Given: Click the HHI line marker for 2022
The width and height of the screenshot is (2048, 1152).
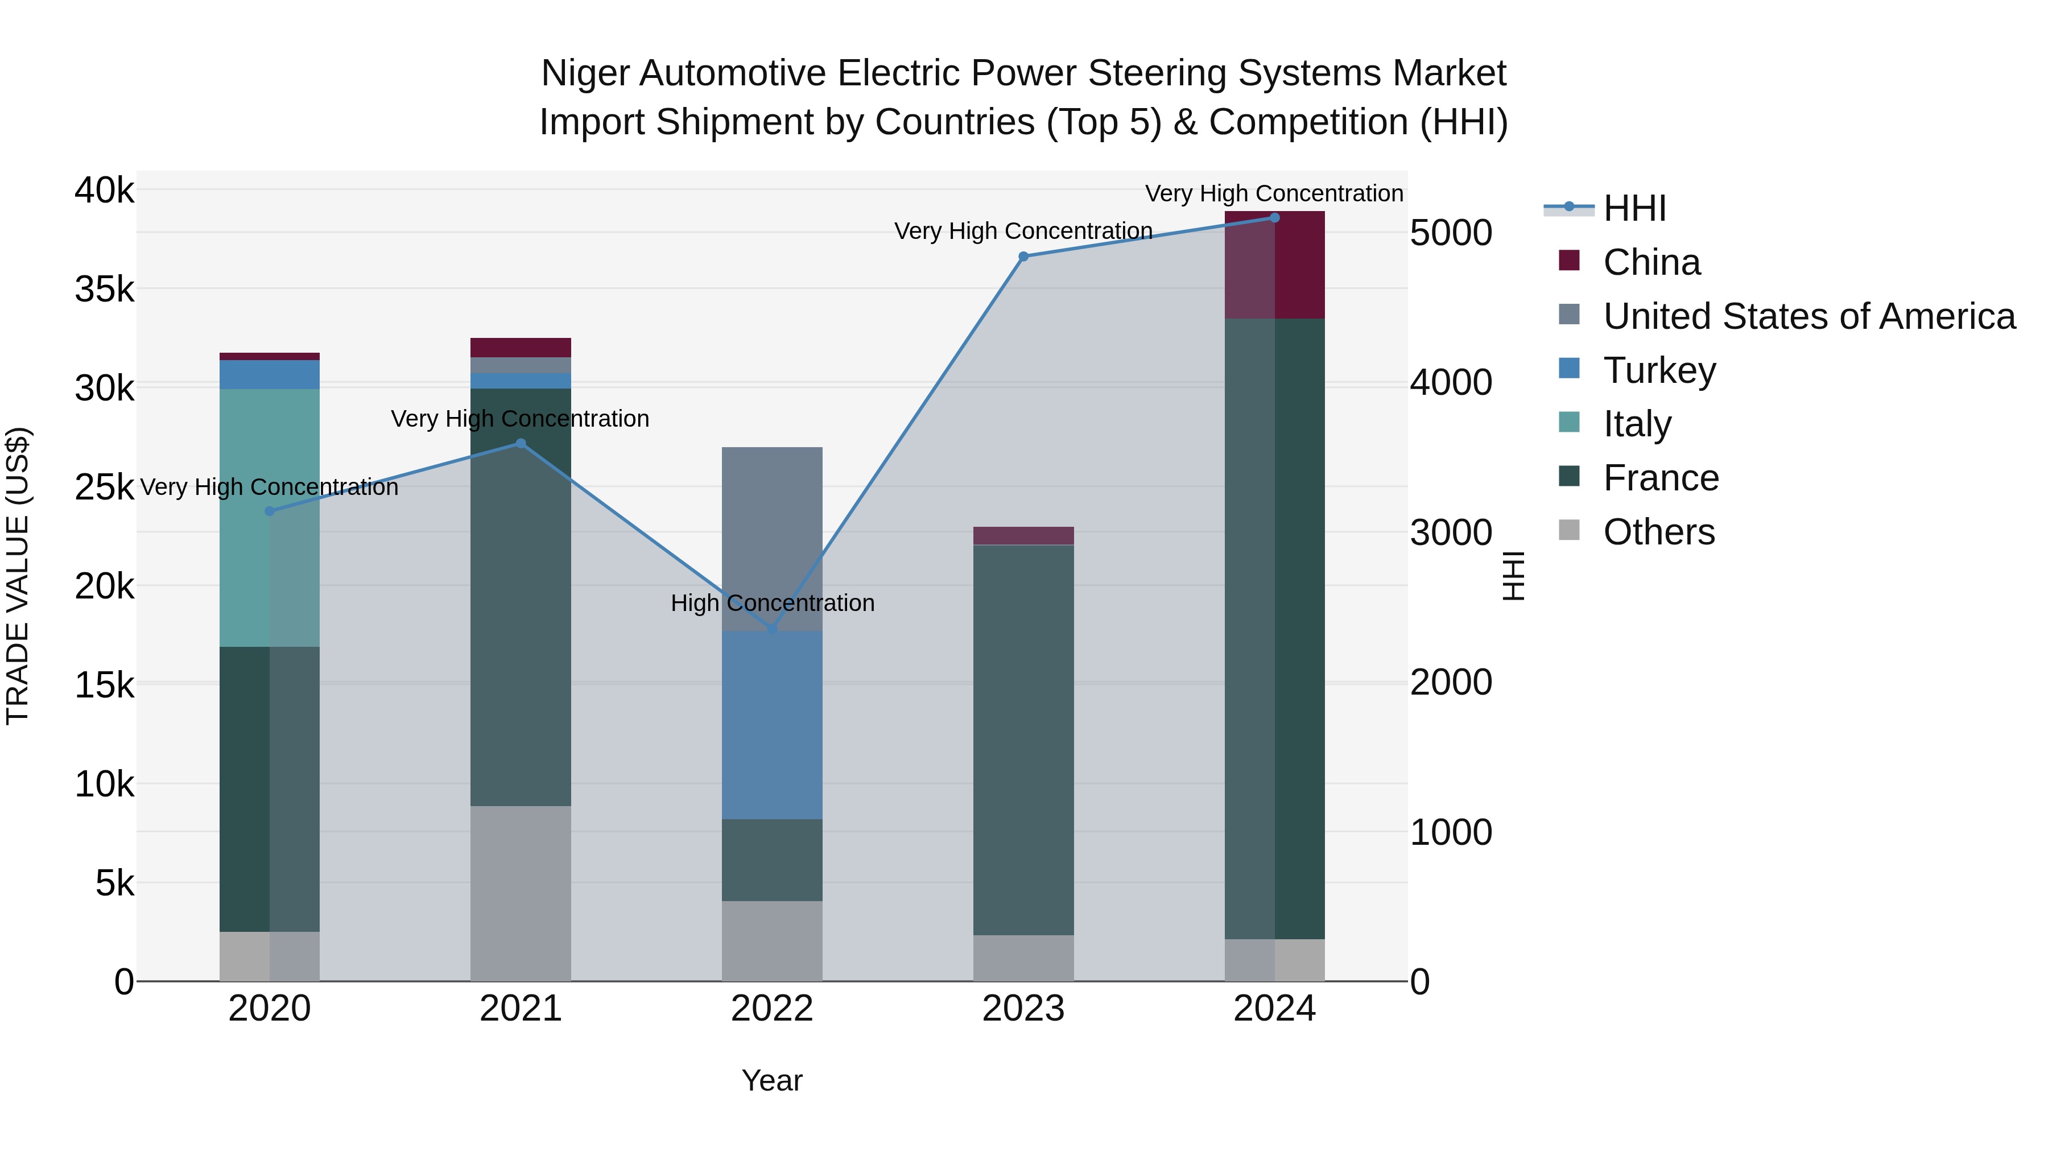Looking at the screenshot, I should (771, 629).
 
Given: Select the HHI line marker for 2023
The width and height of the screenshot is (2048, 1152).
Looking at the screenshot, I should (1023, 256).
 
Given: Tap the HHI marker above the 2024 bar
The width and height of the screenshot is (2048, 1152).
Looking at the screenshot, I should (1274, 217).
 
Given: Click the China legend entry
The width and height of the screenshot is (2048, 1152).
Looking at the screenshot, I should (1651, 262).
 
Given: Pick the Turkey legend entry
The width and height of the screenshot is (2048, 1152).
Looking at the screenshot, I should (1659, 370).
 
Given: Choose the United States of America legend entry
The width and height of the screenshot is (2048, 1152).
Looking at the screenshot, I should (1808, 316).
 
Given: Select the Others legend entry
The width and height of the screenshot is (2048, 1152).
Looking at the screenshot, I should (1658, 532).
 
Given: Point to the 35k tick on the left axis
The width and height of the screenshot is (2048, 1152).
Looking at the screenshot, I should (104, 290).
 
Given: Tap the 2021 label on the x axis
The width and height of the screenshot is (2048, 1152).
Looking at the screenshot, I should (521, 1009).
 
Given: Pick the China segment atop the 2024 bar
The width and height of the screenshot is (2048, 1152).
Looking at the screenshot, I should (1274, 265).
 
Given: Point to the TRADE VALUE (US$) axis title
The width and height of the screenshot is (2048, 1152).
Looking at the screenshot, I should (18, 576).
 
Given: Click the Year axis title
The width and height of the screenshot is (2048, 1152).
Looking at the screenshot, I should (771, 1080).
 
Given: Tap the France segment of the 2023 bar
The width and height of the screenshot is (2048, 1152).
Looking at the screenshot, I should (1023, 740).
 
